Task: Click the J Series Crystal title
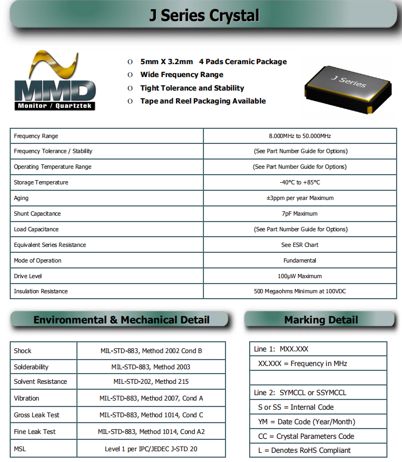click(204, 16)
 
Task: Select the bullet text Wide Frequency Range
click(181, 75)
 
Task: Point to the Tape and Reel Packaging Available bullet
click(203, 101)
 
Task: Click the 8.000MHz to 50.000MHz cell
click(300, 136)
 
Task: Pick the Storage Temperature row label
click(41, 182)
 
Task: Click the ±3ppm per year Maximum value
click(300, 198)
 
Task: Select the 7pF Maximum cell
click(300, 213)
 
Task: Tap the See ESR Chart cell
click(300, 245)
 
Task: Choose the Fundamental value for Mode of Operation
click(300, 260)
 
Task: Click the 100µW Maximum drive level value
click(300, 276)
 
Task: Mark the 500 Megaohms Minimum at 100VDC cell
click(300, 291)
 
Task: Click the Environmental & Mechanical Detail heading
click(121, 320)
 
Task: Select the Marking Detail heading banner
click(321, 320)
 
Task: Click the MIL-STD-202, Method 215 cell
click(151, 382)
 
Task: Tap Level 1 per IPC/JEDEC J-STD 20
click(151, 449)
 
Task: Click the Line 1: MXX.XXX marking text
click(281, 349)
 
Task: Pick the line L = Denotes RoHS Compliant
click(304, 450)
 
